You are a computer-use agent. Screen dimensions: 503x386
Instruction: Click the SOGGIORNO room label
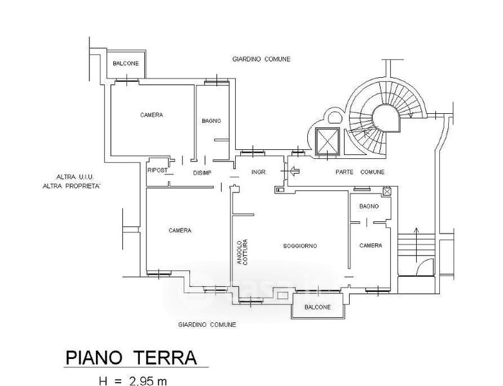[x=300, y=246]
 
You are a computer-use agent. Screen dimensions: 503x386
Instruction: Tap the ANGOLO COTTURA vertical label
[x=242, y=252]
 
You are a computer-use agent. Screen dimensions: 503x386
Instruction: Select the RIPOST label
[x=158, y=170]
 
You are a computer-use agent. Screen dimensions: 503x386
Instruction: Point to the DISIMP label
[x=202, y=173]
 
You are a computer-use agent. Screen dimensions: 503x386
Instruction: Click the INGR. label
[x=259, y=172]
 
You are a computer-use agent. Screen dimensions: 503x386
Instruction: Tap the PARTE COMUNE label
[x=360, y=172]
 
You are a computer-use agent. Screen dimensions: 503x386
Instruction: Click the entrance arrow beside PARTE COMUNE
[x=294, y=171]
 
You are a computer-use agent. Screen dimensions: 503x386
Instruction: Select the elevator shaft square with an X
[x=327, y=142]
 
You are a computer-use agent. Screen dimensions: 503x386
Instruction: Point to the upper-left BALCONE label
[x=126, y=64]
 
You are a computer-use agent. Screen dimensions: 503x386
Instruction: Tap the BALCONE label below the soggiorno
[x=318, y=308]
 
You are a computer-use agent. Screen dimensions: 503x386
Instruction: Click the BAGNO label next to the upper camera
[x=211, y=121]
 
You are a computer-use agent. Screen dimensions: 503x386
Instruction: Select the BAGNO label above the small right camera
[x=369, y=207]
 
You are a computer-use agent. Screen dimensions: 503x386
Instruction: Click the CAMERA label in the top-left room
[x=151, y=115]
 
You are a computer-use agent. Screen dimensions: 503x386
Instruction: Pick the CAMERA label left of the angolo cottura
[x=180, y=230]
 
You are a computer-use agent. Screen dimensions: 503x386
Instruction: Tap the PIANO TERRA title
[x=131, y=358]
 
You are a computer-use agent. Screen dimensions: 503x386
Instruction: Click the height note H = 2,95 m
[x=133, y=381]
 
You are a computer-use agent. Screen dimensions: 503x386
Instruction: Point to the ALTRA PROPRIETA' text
[x=71, y=186]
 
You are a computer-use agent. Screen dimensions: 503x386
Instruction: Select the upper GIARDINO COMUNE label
[x=261, y=59]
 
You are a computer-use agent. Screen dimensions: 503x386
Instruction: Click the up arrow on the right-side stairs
[x=417, y=245]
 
